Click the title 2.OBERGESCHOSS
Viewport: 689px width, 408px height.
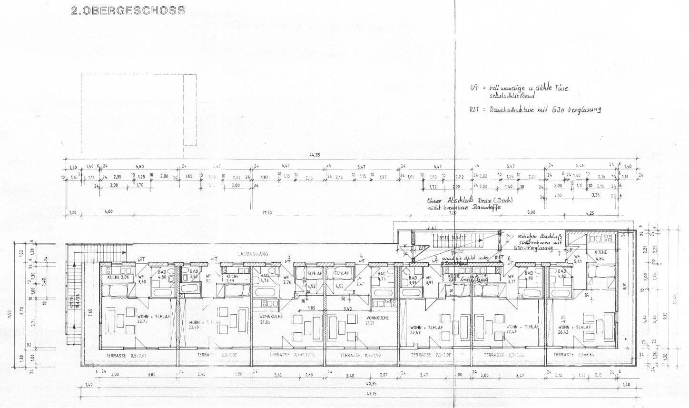click(x=128, y=10)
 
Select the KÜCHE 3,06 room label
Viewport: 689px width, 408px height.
click(x=118, y=277)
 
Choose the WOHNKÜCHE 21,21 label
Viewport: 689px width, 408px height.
click(x=377, y=320)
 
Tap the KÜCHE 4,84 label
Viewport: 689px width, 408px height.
click(x=601, y=256)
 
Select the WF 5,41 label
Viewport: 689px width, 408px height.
click(x=578, y=259)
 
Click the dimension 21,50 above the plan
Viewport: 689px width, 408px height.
click(x=267, y=212)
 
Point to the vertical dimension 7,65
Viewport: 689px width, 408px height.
click(x=90, y=312)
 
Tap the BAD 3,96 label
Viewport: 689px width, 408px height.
click(x=413, y=280)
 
